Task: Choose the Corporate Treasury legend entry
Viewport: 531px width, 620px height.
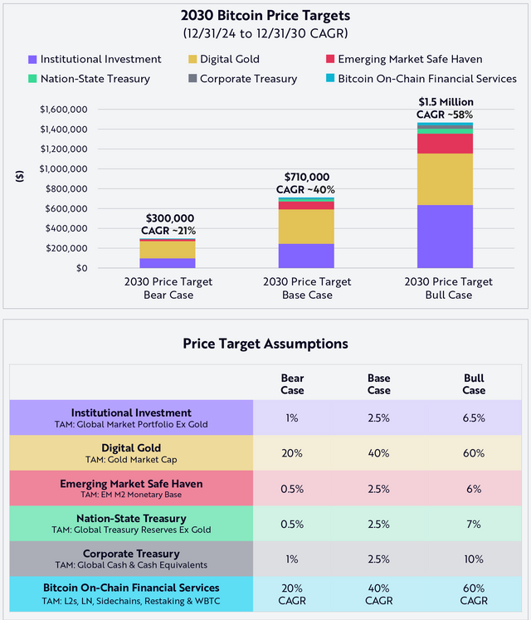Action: tap(248, 79)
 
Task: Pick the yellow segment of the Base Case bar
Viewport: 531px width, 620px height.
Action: tap(306, 226)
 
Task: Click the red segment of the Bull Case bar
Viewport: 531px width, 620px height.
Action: tap(451, 144)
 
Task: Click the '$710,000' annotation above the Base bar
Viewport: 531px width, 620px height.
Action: tap(306, 177)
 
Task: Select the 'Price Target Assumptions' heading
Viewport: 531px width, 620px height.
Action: tap(265, 343)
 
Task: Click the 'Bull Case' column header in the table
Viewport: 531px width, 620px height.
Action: tap(475, 383)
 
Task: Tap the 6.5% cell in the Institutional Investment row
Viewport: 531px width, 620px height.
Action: tap(475, 418)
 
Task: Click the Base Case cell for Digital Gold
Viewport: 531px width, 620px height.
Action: tap(378, 453)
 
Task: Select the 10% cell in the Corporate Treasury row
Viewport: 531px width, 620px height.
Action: tap(475, 559)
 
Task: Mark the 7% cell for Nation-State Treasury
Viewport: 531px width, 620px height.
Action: tap(475, 524)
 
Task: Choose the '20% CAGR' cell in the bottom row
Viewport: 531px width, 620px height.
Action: tap(292, 593)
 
